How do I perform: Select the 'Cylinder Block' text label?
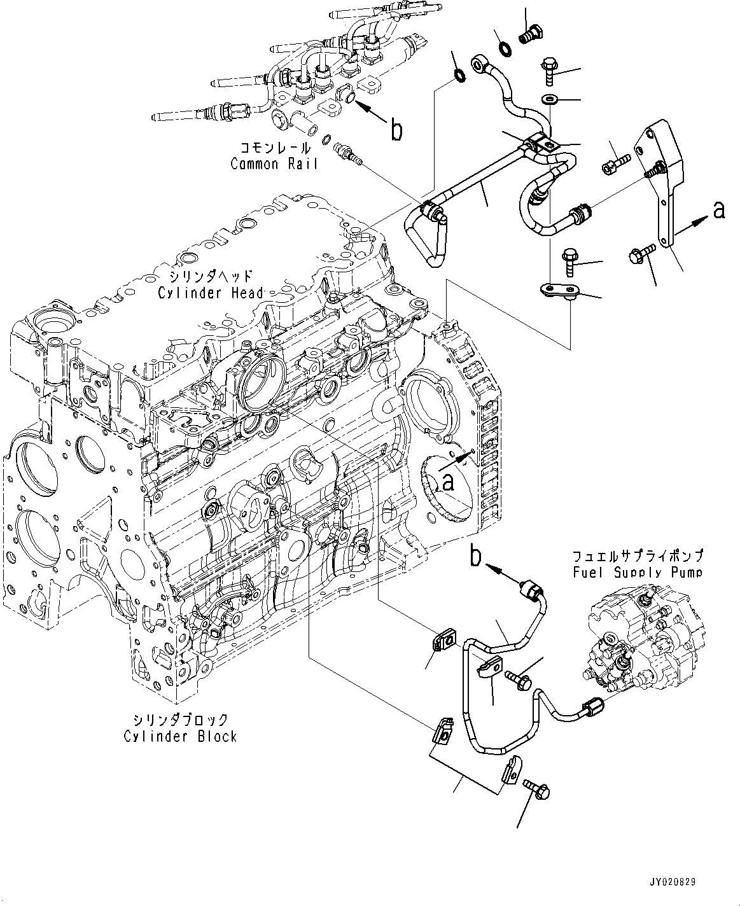coord(181,736)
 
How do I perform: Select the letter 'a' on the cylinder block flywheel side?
coord(449,483)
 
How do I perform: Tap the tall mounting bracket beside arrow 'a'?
coord(664,185)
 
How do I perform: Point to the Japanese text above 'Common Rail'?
coord(275,148)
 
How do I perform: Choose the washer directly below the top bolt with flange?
coord(549,99)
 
